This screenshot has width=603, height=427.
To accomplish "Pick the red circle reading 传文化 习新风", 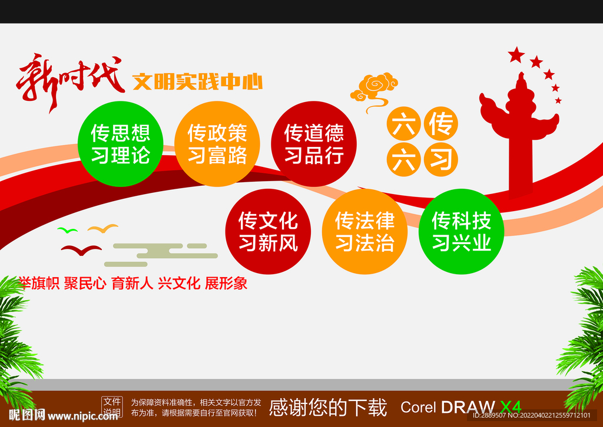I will (x=268, y=231).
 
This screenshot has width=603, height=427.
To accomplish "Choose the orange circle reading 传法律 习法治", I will (x=365, y=231).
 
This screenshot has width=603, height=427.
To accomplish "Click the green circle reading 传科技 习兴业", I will (x=461, y=231).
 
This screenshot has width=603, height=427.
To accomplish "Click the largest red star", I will (x=516, y=55).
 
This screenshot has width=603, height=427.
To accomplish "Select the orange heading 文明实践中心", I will (x=197, y=81).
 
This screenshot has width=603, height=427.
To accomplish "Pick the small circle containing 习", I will (x=441, y=159).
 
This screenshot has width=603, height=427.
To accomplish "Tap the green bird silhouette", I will (x=67, y=229).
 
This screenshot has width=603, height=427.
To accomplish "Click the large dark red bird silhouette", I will (x=81, y=250).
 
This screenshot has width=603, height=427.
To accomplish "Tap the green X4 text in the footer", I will (x=510, y=407).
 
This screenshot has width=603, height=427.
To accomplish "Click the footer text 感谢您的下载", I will (x=327, y=407).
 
